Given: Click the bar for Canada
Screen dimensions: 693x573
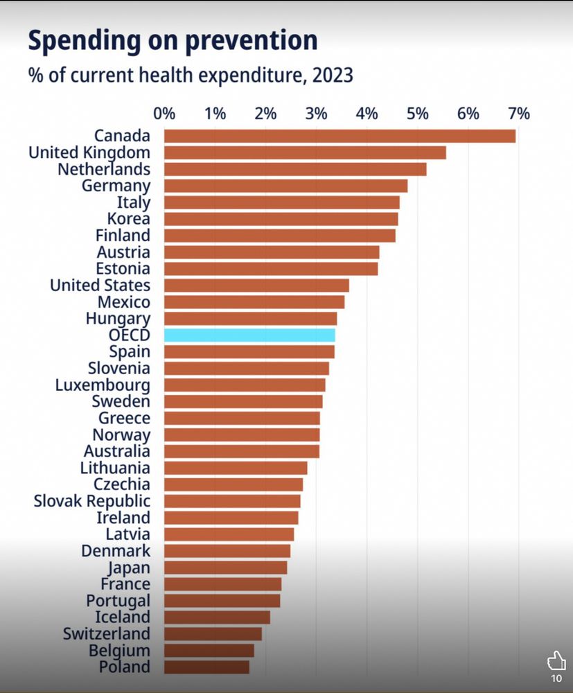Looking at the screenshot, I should (340, 136).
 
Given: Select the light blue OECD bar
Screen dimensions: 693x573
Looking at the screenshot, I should (249, 335).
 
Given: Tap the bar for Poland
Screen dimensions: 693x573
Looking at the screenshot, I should (206, 667).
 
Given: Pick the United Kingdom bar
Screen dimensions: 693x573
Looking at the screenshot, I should (305, 152).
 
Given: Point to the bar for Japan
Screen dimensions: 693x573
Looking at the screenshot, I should (225, 568).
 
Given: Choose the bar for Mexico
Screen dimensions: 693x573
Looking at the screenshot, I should (254, 302).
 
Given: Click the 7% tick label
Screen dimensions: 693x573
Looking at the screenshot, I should (518, 114).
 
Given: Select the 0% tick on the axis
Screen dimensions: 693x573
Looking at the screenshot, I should (164, 114).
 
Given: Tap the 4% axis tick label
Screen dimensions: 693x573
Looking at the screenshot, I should (367, 114).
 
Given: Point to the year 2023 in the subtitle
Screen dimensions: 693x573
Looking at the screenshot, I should (333, 74).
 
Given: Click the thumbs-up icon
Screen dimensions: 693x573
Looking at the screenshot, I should (556, 660).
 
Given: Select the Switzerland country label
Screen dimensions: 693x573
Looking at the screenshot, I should (106, 634).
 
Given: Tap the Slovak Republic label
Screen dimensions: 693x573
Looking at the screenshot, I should (91, 501).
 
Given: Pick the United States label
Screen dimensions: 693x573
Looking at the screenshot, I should (100, 286).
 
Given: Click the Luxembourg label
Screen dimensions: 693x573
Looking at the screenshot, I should (103, 385).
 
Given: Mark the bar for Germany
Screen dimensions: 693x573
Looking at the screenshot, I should (285, 186).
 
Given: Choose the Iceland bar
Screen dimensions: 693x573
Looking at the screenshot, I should (217, 617).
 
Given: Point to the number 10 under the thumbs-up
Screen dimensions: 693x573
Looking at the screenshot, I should (556, 678).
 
